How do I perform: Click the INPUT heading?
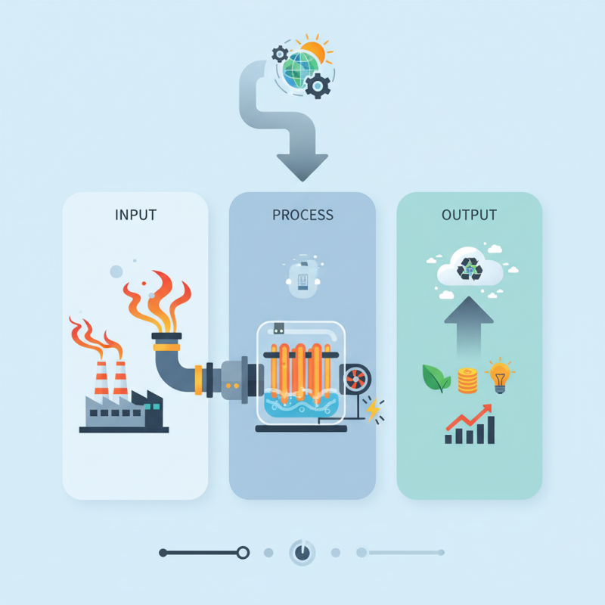(x=135, y=215)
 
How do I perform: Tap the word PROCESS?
(x=302, y=215)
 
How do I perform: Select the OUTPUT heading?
(x=469, y=215)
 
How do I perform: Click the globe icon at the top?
(x=300, y=70)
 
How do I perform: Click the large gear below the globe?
(x=318, y=86)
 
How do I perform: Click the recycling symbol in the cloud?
(x=470, y=268)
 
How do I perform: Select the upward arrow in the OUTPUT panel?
(x=469, y=327)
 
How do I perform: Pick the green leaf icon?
(x=436, y=378)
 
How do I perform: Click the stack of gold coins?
(x=467, y=380)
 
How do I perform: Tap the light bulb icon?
(x=500, y=376)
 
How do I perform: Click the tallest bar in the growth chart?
(x=491, y=430)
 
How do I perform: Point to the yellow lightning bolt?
(x=373, y=410)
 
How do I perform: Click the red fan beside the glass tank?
(x=355, y=380)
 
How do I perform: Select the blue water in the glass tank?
(x=302, y=405)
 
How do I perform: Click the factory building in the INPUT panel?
(x=124, y=411)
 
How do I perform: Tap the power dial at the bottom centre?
(x=302, y=553)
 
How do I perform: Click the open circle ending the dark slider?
(x=243, y=553)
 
